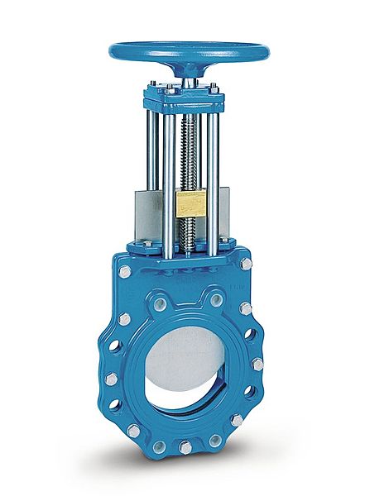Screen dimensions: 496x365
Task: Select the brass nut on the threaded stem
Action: [190, 203]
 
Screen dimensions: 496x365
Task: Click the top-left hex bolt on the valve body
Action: [124, 271]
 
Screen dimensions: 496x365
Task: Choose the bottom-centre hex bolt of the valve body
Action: [185, 447]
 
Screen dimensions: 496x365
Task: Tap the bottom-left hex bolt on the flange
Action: [132, 431]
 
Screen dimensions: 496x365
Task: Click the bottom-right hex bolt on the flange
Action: [237, 420]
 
